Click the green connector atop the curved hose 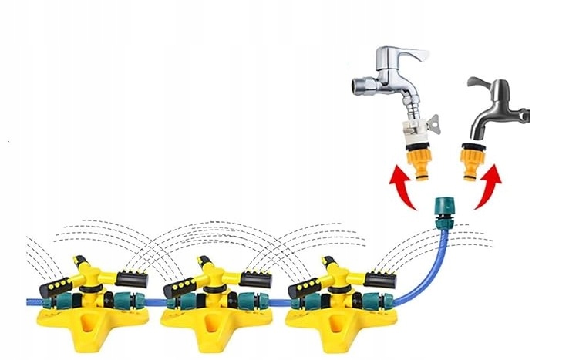tap(445, 213)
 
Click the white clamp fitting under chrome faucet tap(417, 126)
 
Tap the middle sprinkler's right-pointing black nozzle tap(257, 279)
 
